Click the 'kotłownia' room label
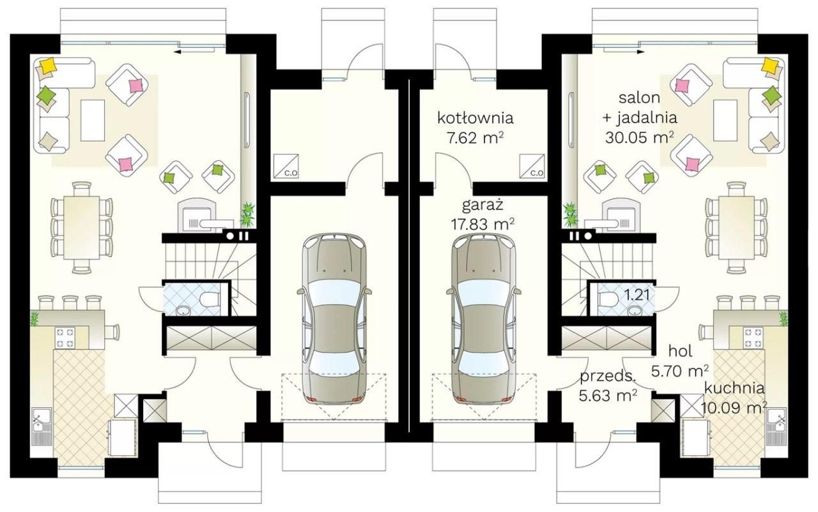click(475, 119)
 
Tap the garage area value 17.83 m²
click(482, 224)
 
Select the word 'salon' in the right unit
click(640, 98)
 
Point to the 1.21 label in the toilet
click(637, 295)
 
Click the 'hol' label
click(681, 351)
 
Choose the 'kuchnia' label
click(734, 388)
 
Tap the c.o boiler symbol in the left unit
click(286, 166)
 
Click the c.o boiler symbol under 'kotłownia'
click(532, 166)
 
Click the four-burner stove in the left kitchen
click(65, 337)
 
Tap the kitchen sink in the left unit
click(42, 426)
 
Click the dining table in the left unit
click(81, 228)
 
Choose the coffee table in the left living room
click(93, 121)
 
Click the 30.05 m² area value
click(640, 138)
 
